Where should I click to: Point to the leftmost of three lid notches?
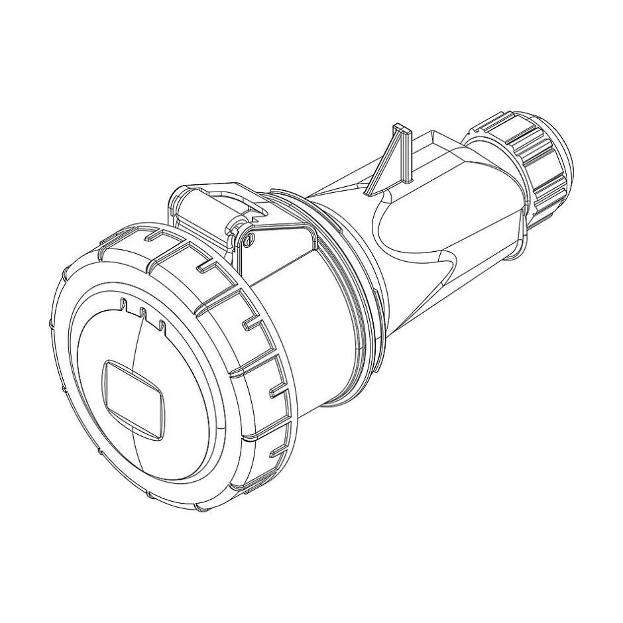pyautogui.click(x=124, y=305)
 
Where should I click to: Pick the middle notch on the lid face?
pyautogui.click(x=142, y=313)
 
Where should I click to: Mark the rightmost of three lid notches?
pyautogui.click(x=160, y=323)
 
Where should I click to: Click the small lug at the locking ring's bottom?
pyautogui.click(x=252, y=490)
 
